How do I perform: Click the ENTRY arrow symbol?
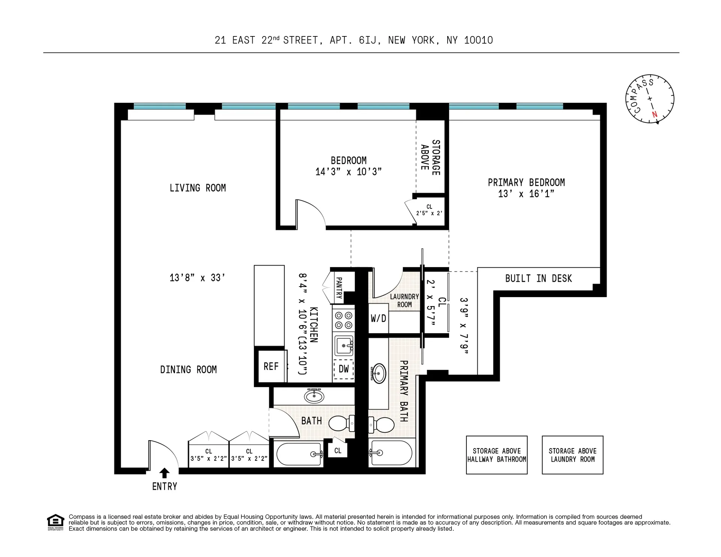pyautogui.click(x=164, y=473)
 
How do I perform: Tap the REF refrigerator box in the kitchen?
pyautogui.click(x=271, y=366)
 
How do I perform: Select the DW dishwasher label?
pyautogui.click(x=344, y=369)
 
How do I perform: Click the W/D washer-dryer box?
pyautogui.click(x=378, y=319)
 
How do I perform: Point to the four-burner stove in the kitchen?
pyautogui.click(x=344, y=320)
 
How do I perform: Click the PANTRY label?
pyautogui.click(x=339, y=288)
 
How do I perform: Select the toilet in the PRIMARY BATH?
pyautogui.click(x=382, y=425)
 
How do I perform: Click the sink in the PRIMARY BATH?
pyautogui.click(x=379, y=373)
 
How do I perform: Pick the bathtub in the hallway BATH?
pyautogui.click(x=299, y=454)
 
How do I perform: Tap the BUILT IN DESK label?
pyautogui.click(x=538, y=279)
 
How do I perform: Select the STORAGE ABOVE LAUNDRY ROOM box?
pyautogui.click(x=572, y=455)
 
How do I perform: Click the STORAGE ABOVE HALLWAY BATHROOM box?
pyautogui.click(x=496, y=455)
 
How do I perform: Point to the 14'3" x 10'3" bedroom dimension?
pyautogui.click(x=348, y=172)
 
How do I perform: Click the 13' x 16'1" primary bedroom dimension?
pyautogui.click(x=526, y=194)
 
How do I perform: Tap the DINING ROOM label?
pyautogui.click(x=188, y=370)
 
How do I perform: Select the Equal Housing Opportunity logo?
pyautogui.click(x=56, y=522)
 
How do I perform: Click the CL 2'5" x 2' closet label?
pyautogui.click(x=429, y=210)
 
